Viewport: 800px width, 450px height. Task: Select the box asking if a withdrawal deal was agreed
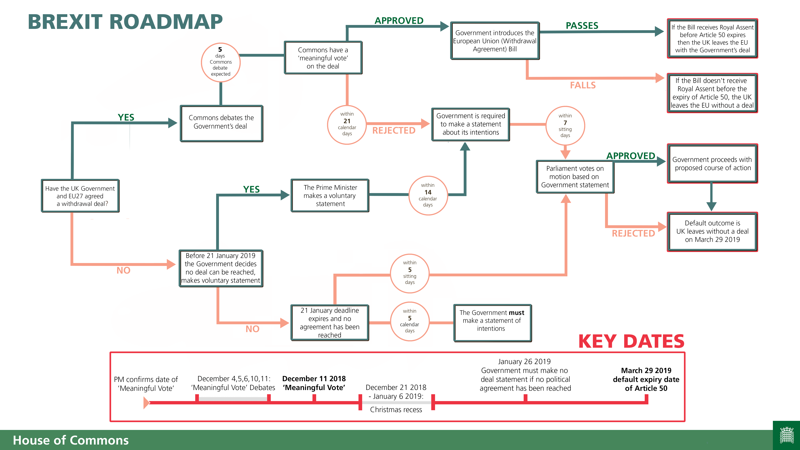pos(80,196)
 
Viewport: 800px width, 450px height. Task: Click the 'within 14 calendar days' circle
pos(428,195)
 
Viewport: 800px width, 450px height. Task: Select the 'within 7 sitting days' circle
pos(565,126)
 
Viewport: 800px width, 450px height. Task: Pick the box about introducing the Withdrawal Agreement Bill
pos(495,41)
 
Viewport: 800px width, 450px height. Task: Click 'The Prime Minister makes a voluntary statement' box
pos(330,196)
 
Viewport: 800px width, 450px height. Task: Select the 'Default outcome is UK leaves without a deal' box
pos(712,231)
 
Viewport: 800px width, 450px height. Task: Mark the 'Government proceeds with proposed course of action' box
pos(712,164)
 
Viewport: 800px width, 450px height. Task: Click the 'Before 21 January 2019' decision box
pos(221,268)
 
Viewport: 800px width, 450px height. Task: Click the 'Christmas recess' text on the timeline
pos(396,410)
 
